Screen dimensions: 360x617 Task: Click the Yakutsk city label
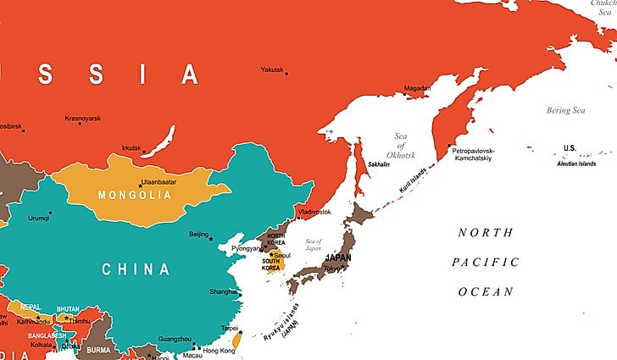pyautogui.click(x=272, y=69)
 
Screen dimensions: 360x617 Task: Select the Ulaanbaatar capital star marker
pyautogui.click(x=141, y=184)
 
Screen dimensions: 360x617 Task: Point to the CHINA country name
pyautogui.click(x=136, y=269)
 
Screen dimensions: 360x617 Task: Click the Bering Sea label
pyautogui.click(x=565, y=110)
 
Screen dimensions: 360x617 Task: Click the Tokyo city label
pyautogui.click(x=331, y=269)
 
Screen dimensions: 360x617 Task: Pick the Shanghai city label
pyautogui.click(x=225, y=292)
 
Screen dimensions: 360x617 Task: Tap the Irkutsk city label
pyautogui.click(x=131, y=147)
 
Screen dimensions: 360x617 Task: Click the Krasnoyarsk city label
pyautogui.click(x=83, y=118)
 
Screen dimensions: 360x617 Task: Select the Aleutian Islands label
pyautogui.click(x=579, y=163)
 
